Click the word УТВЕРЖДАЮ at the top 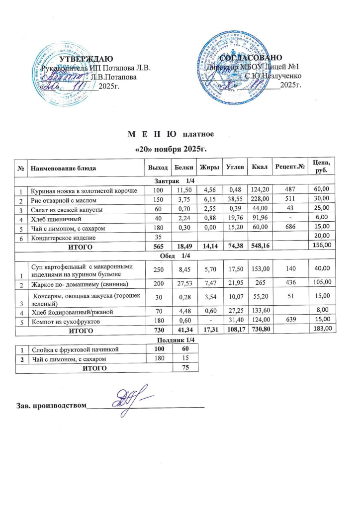[87, 59]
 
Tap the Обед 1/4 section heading [171, 255]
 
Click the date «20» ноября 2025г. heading [171, 149]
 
